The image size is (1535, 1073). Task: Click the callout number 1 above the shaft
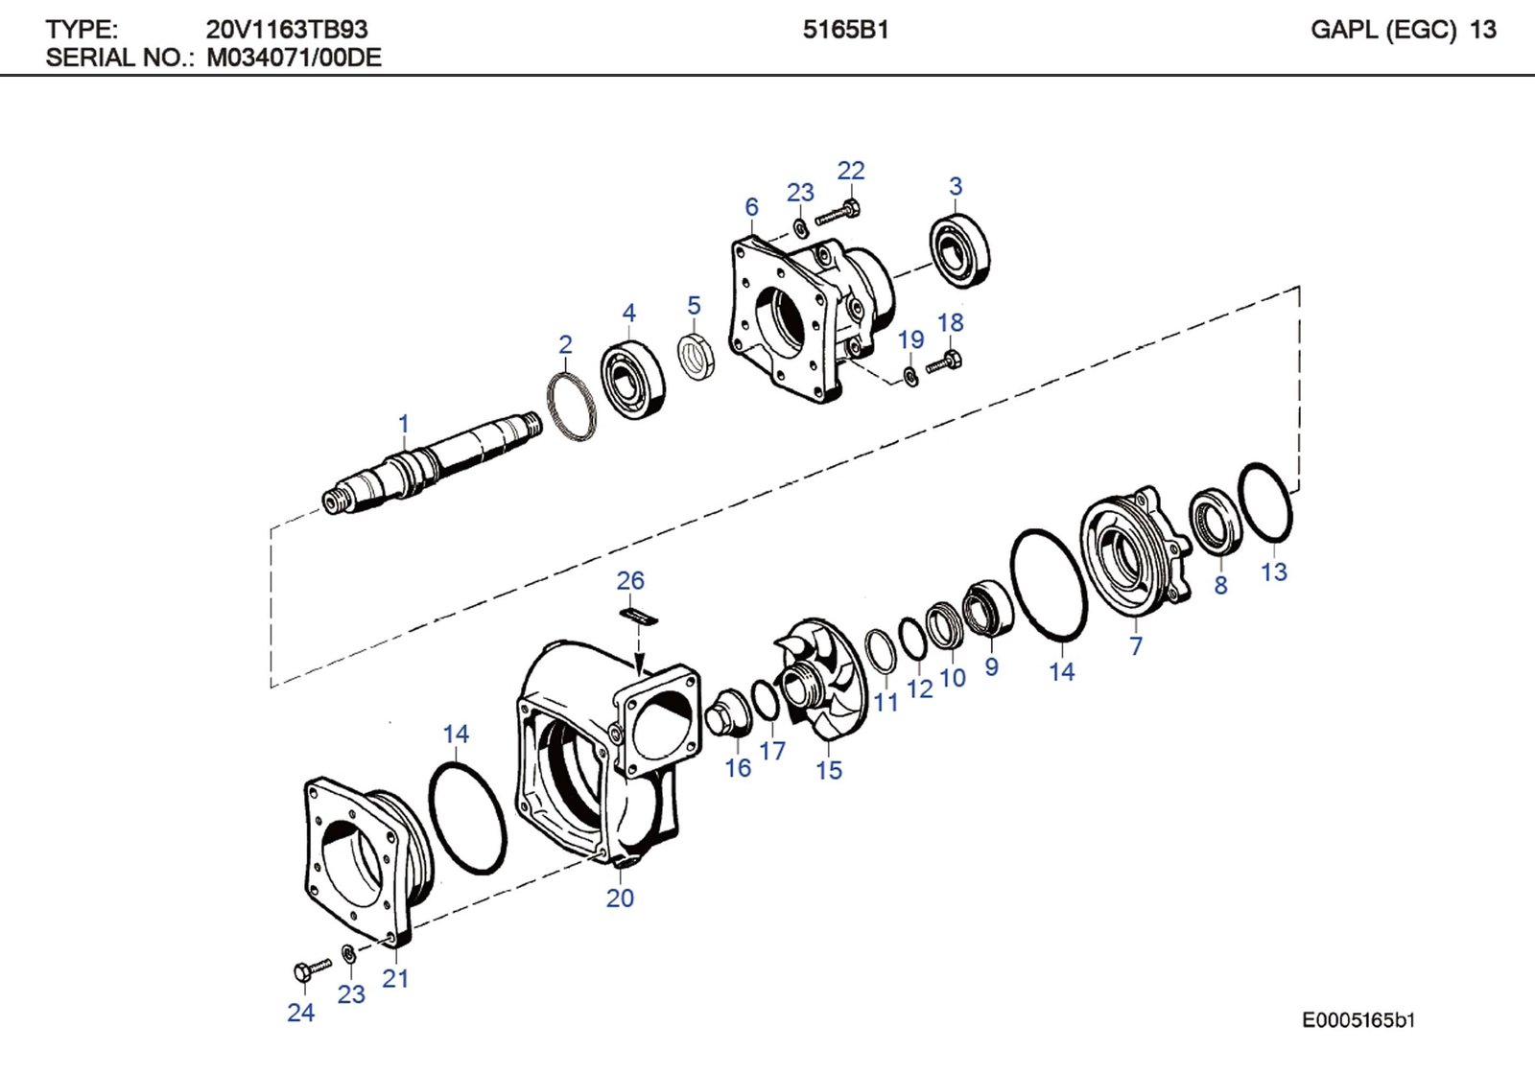(404, 424)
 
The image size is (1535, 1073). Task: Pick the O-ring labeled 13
(1265, 502)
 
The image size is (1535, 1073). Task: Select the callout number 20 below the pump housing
(620, 898)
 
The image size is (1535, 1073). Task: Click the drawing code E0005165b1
(1358, 1020)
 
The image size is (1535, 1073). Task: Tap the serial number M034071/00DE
(294, 58)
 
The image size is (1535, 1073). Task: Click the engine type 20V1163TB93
(286, 30)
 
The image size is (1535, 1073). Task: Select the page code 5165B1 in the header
(845, 30)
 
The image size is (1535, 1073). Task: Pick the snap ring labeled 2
(572, 408)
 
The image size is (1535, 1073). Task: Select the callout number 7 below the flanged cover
(1136, 646)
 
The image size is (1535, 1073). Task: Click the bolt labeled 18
(944, 362)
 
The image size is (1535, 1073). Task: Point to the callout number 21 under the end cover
(395, 979)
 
